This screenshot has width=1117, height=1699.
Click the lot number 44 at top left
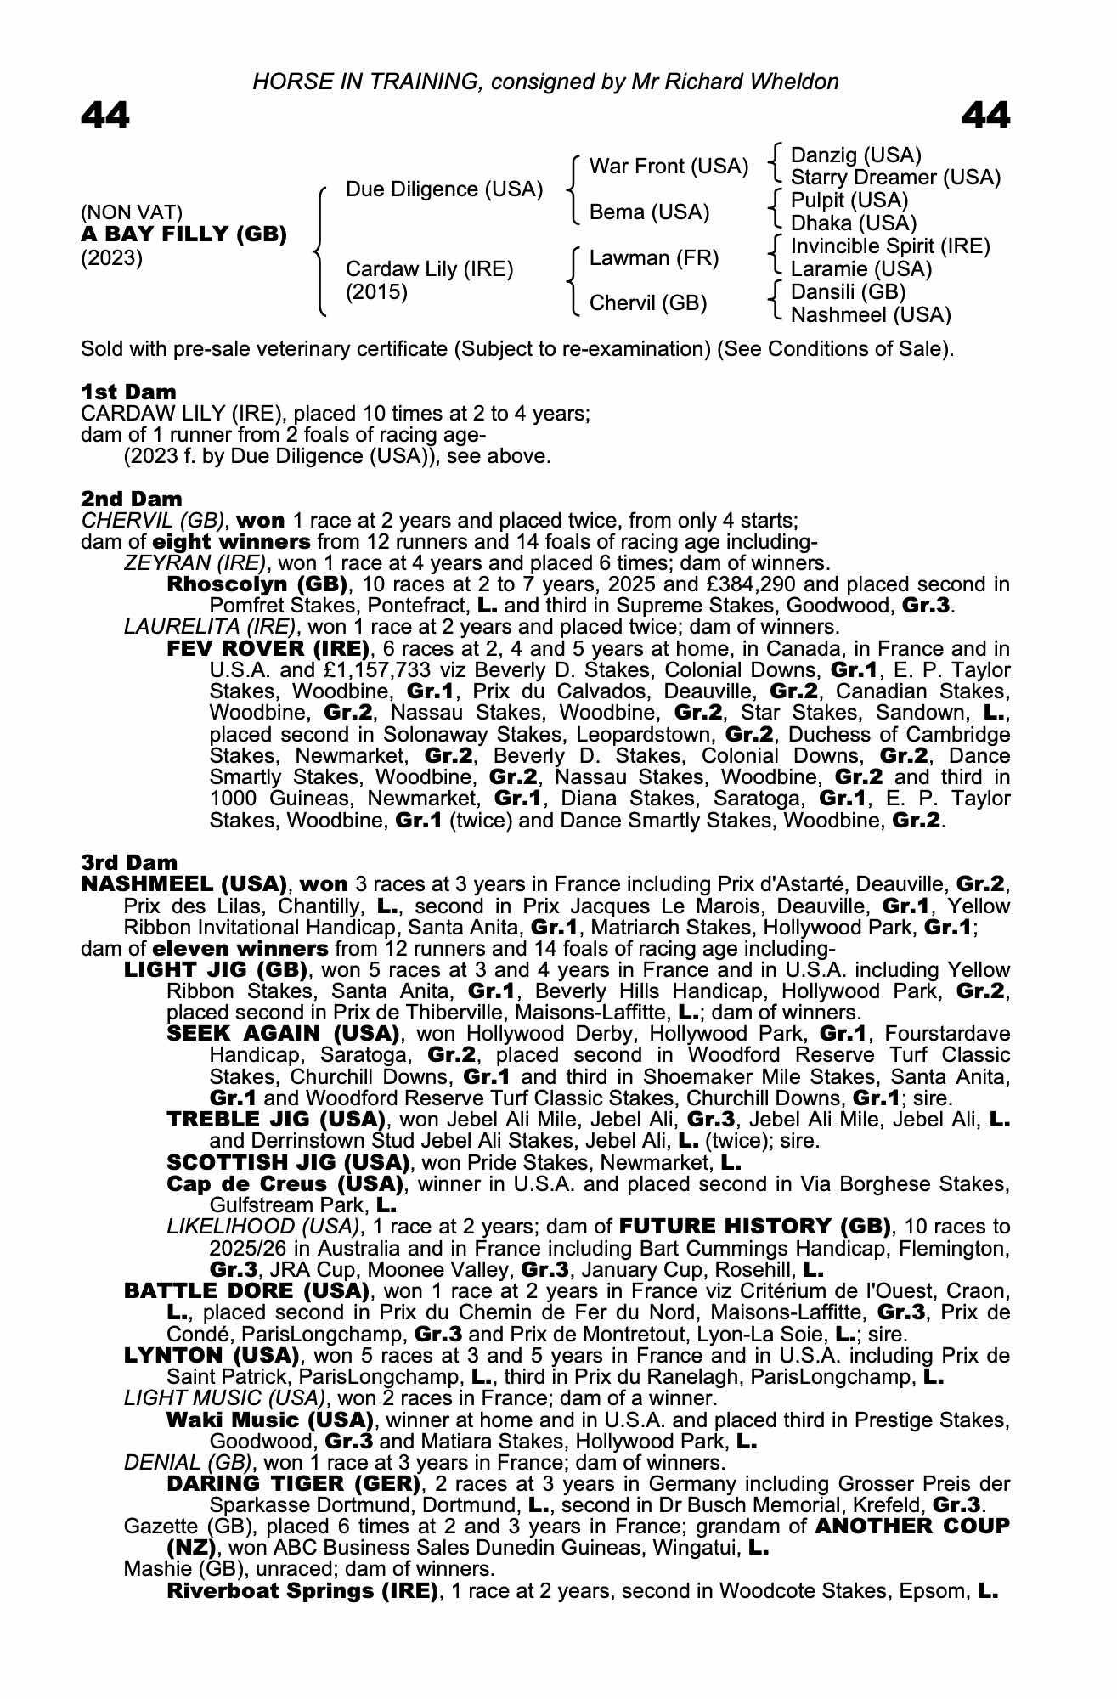(105, 116)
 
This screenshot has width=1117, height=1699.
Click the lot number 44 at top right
(985, 116)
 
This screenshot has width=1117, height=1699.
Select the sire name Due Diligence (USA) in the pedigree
(444, 189)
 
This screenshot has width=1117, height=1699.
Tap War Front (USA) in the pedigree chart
(669, 166)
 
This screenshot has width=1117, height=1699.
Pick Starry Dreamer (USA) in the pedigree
(895, 178)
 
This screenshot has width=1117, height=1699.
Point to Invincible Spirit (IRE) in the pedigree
(890, 246)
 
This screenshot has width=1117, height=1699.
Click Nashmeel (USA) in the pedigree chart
(871, 315)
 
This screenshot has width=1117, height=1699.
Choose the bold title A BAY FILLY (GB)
(183, 234)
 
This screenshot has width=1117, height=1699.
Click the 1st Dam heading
(129, 392)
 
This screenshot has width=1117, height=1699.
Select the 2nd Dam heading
(132, 499)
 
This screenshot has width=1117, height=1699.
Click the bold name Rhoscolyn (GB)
(257, 584)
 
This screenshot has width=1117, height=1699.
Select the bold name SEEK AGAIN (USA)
(283, 1034)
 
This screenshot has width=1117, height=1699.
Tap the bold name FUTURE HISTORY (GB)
(755, 1227)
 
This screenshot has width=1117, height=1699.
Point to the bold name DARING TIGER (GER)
(294, 1483)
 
